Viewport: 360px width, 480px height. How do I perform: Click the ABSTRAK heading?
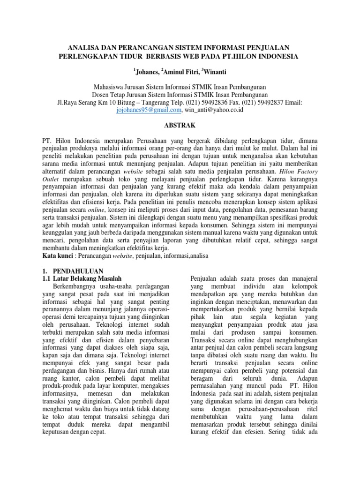(180, 126)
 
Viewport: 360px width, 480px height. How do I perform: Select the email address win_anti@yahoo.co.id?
(214, 110)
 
